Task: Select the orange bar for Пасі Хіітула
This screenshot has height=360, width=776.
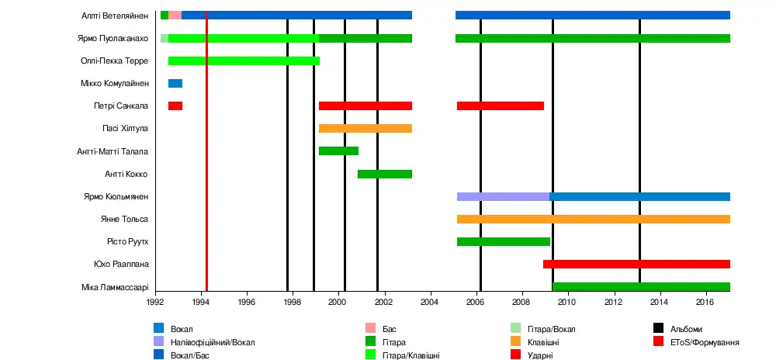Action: coord(365,129)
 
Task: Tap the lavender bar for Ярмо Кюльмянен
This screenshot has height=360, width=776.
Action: coord(503,197)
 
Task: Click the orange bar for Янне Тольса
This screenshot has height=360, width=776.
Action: coord(593,220)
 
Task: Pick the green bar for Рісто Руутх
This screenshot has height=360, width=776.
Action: coord(503,242)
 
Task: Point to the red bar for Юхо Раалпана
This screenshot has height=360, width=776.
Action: coord(636,265)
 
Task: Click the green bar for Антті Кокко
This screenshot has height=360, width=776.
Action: coord(384,174)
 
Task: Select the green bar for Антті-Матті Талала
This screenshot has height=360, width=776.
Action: coord(338,151)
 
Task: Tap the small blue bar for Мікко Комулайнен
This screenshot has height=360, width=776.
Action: coord(175,84)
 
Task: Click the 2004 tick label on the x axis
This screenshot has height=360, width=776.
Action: coord(430,302)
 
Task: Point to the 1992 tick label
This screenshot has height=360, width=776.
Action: coord(155,302)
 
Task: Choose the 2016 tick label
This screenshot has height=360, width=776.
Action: coord(705,302)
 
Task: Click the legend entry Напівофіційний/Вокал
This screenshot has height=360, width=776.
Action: coord(212,342)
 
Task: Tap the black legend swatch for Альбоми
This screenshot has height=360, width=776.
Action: coord(658,330)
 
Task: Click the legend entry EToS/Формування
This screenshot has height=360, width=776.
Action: coord(704,342)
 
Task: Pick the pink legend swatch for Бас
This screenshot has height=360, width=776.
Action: coord(370,330)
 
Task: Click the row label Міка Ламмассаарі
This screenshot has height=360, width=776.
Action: coord(114,287)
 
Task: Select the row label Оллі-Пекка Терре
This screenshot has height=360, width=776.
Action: coord(114,61)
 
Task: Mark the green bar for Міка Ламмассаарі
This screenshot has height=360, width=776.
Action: coord(640,287)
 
